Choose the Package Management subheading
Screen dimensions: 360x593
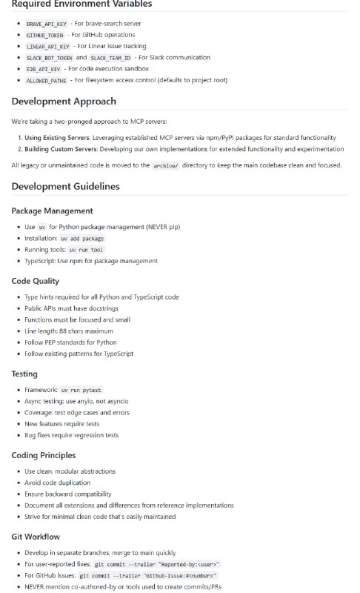tap(52, 211)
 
